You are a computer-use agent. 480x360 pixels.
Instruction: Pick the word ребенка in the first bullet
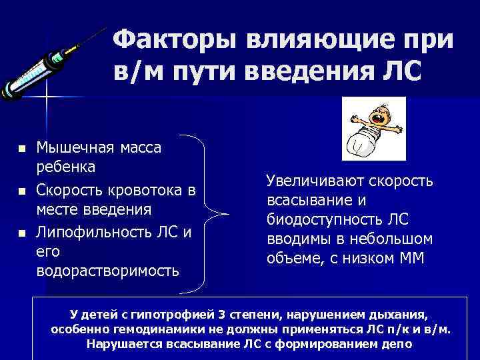[66, 165]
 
